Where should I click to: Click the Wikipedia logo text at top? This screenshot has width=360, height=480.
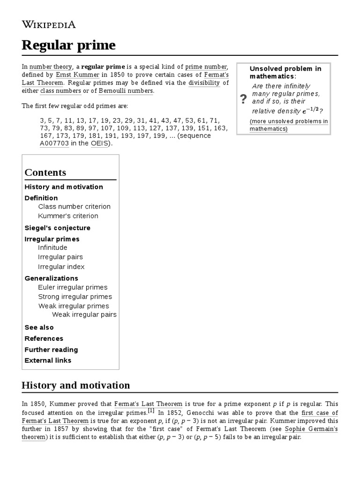(x=49, y=24)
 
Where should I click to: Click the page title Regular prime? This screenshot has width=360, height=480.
(x=68, y=45)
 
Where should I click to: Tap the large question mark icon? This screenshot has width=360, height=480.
(x=243, y=99)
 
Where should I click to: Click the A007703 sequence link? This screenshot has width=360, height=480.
(x=54, y=143)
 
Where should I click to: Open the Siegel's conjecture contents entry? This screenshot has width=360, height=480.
(x=57, y=228)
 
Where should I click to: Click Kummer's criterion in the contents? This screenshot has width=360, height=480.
(x=68, y=216)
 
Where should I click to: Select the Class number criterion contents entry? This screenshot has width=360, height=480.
(x=74, y=207)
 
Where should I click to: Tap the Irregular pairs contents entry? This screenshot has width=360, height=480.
(x=60, y=257)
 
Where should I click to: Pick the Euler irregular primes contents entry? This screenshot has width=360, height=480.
(x=73, y=287)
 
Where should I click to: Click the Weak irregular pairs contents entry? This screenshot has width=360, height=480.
(x=84, y=315)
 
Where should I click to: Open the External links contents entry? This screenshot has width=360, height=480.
(x=48, y=360)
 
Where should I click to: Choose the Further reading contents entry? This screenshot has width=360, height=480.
(x=51, y=350)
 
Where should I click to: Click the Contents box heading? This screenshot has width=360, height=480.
(x=45, y=172)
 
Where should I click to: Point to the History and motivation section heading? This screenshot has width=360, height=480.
(x=76, y=385)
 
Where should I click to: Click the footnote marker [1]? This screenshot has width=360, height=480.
(x=151, y=411)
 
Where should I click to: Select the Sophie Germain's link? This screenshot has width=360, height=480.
(x=311, y=429)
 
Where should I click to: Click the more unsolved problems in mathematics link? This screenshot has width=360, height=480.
(x=288, y=125)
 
